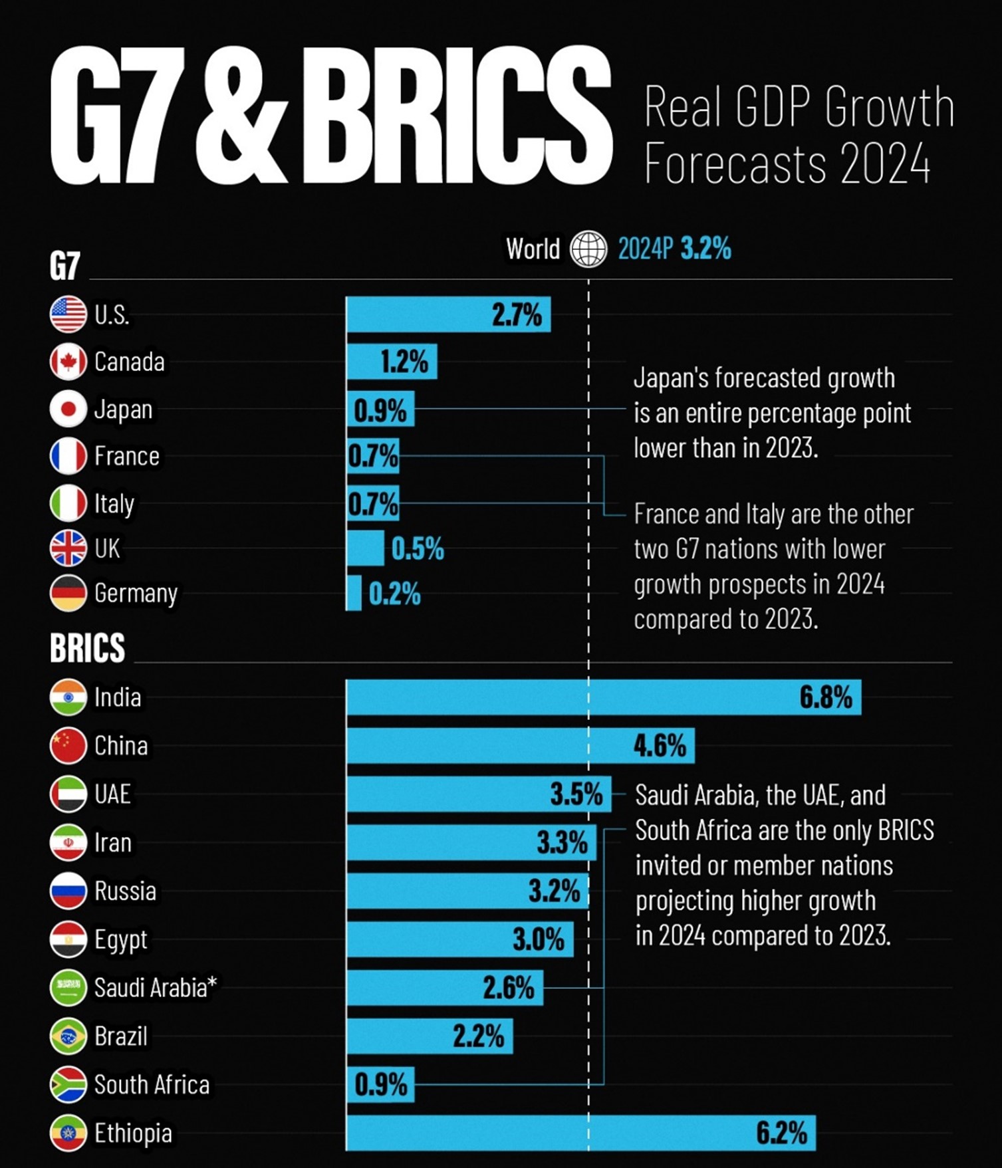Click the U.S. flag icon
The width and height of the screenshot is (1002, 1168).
(x=68, y=314)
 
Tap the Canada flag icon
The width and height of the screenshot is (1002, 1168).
(x=68, y=362)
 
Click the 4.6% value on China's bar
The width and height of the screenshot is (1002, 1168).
(x=659, y=746)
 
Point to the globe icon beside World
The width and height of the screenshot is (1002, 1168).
(x=588, y=249)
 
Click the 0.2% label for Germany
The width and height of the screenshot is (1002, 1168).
(x=394, y=594)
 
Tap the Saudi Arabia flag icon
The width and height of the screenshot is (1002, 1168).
(x=68, y=987)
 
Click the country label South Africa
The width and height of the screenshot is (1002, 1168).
(x=152, y=1085)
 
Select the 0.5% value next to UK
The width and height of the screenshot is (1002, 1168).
(x=418, y=549)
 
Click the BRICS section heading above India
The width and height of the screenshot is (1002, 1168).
(x=87, y=647)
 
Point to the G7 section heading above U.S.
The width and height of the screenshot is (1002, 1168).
(x=64, y=266)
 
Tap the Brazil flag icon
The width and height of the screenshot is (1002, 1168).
(x=68, y=1036)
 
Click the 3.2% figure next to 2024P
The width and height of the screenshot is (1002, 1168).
(x=705, y=249)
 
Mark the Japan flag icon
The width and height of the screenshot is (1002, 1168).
(x=68, y=409)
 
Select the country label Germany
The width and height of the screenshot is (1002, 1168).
(x=136, y=593)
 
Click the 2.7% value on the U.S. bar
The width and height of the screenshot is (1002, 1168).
(x=517, y=314)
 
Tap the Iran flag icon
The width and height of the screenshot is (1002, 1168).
(x=68, y=842)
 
